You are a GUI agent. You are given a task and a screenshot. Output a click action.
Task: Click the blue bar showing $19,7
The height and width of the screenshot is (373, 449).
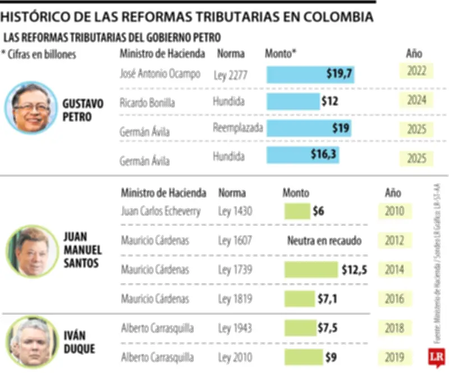[x=310, y=74]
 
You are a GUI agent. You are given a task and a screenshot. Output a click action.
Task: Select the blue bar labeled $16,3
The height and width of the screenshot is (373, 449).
[x=303, y=155]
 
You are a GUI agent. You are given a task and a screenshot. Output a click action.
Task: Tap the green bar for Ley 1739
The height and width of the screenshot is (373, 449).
[x=310, y=269]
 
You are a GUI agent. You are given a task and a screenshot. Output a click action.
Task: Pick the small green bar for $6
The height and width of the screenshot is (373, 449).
[x=297, y=211]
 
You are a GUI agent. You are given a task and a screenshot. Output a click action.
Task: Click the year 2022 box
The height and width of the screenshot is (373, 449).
[x=416, y=71]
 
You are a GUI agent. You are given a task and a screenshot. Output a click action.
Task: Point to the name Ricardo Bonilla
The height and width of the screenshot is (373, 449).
[x=147, y=103]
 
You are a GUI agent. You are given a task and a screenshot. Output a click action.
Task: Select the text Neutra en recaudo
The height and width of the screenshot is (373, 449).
[x=324, y=241]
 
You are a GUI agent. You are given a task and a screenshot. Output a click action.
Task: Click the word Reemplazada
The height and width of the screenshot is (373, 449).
[x=237, y=128]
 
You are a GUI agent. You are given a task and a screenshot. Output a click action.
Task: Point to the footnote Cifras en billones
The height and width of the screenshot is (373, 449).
[x=39, y=54]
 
